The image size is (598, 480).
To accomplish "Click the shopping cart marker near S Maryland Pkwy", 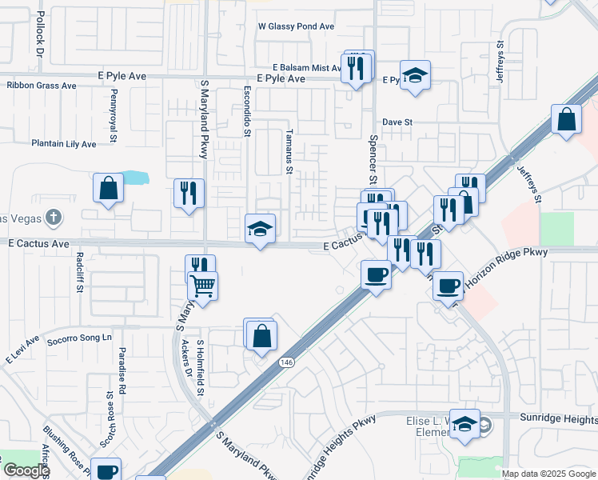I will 204,285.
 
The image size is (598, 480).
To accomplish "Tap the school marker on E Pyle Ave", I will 415,77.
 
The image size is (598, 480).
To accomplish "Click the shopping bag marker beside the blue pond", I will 109,190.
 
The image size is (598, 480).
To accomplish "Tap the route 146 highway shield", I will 286,362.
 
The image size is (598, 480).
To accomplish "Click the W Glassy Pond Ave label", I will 296,26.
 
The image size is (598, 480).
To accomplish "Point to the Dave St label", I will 397,122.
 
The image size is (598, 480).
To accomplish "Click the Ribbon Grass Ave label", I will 41,86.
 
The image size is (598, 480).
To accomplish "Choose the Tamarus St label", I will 289,151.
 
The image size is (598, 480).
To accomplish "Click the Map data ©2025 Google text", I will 548,474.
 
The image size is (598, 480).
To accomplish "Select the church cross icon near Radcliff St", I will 53,218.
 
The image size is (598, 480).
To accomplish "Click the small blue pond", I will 136,178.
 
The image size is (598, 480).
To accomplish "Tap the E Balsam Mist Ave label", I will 307,69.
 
